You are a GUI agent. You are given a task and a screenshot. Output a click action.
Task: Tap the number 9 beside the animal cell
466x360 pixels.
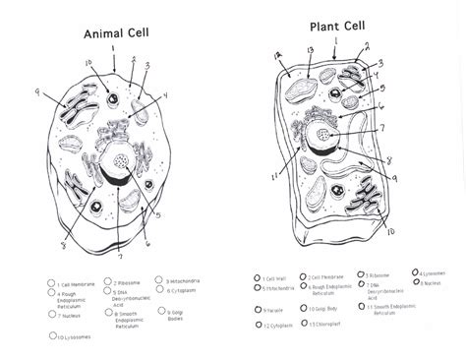click(x=38, y=92)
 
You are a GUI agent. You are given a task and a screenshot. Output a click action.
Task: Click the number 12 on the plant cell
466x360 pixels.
click(x=278, y=56)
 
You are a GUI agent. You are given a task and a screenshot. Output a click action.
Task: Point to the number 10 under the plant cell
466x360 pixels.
click(x=391, y=232)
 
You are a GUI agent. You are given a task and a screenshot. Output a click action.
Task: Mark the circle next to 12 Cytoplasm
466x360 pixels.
click(x=259, y=323)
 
